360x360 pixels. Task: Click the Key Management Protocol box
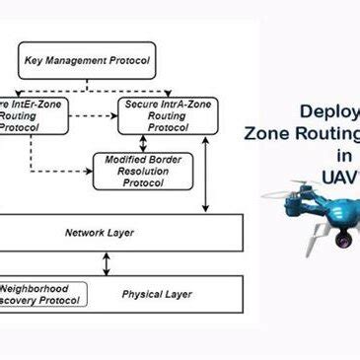(86, 61)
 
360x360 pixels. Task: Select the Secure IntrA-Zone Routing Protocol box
(156, 115)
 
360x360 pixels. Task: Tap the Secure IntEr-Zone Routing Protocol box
(30, 115)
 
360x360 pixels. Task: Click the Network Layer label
(100, 233)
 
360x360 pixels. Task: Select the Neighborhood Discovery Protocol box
(40, 294)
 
